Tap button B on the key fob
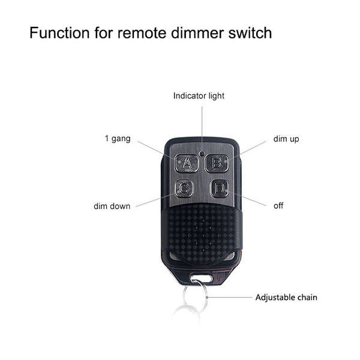(x=217, y=163)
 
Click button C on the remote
(x=184, y=188)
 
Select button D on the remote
(x=220, y=188)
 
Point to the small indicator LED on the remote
(x=202, y=153)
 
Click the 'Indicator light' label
(x=199, y=96)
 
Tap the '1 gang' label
(x=118, y=139)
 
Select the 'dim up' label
(x=286, y=139)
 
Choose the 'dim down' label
(x=112, y=206)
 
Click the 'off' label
(x=278, y=206)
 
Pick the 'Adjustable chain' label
(x=286, y=298)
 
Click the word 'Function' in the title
(x=59, y=33)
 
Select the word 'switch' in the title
(x=250, y=33)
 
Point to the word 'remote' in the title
(x=142, y=33)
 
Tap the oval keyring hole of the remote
(x=201, y=279)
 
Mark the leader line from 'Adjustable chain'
(x=230, y=298)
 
